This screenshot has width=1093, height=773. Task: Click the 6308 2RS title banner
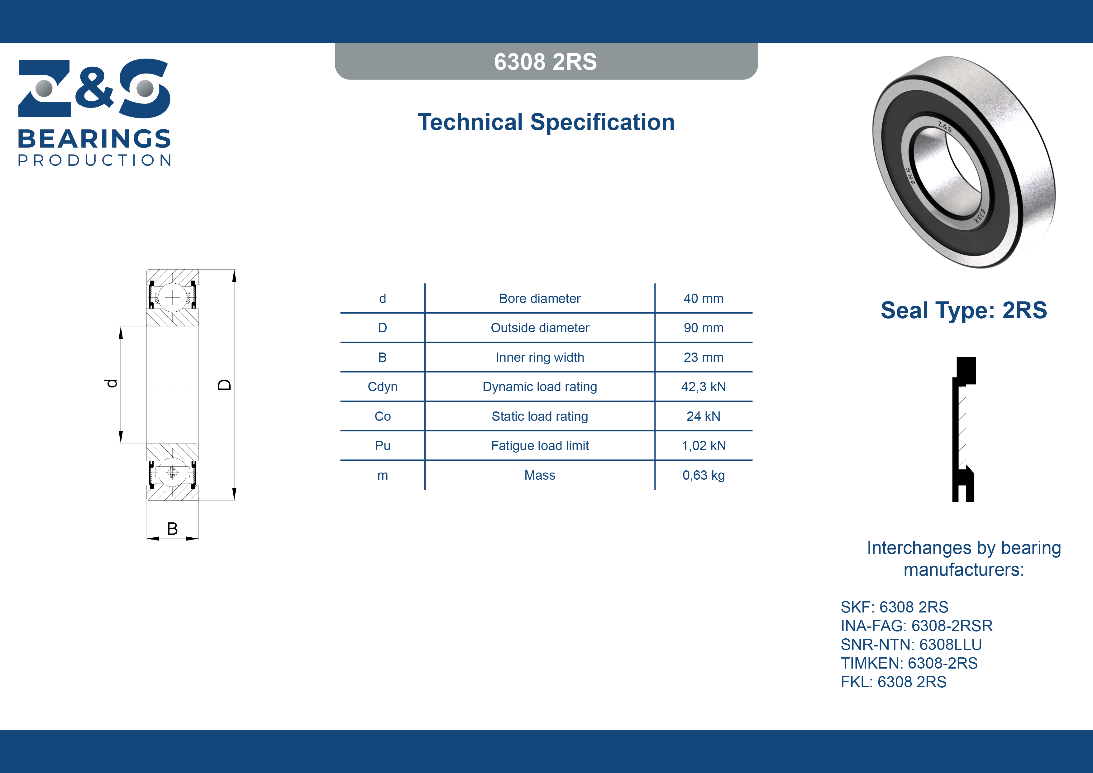[546, 61]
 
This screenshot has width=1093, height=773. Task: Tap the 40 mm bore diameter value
[703, 299]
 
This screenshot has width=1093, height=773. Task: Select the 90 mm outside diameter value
[703, 328]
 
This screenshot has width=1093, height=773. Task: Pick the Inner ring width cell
[540, 357]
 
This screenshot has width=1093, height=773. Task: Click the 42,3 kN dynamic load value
[703, 387]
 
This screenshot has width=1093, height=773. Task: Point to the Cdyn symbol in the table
[382, 387]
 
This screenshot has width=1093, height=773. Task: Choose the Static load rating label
[540, 416]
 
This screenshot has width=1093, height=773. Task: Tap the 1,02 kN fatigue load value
[703, 446]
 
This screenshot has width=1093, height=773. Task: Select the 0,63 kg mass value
[703, 475]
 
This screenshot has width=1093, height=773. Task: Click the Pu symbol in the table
[382, 446]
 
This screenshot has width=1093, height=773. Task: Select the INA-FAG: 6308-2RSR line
[916, 625]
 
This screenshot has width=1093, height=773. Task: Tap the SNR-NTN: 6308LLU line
[911, 644]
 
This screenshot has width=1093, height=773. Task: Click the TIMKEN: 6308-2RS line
[909, 663]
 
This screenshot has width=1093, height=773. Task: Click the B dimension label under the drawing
[172, 529]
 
